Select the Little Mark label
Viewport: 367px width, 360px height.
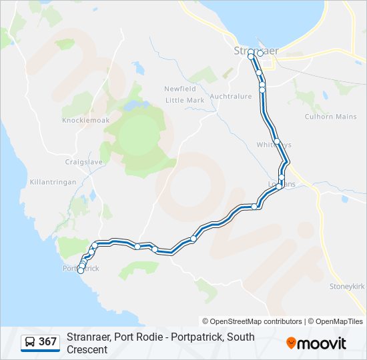pos(185,100)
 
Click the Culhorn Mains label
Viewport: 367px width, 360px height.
pos(331,117)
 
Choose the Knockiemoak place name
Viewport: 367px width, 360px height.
pos(81,120)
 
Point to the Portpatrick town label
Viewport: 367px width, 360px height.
pos(81,268)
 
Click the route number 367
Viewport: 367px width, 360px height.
pos(47,342)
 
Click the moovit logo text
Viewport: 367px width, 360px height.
pos(323,343)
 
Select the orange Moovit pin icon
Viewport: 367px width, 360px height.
pos(291,343)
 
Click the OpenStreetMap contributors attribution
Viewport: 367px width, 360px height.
pos(256,321)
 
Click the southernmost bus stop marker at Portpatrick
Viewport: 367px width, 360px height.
pos(81,271)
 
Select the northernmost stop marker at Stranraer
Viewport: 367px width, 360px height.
pos(251,57)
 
